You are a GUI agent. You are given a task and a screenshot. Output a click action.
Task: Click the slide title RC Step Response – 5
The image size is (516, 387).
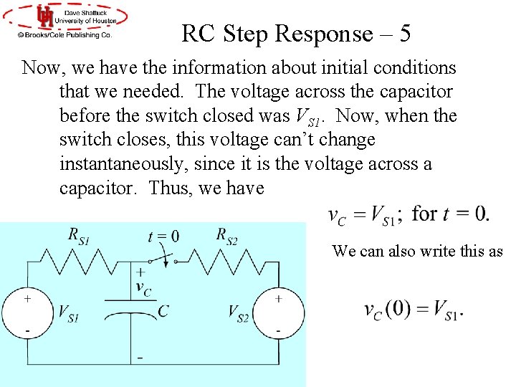click(x=296, y=34)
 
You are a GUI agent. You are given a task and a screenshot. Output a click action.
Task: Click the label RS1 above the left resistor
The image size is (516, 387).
click(x=80, y=234)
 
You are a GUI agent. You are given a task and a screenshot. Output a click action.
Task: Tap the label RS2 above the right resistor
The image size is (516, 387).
click(x=226, y=234)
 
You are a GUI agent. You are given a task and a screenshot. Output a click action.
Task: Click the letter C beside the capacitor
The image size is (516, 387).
click(x=163, y=311)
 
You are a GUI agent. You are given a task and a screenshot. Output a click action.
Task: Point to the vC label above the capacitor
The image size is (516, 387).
click(x=143, y=288)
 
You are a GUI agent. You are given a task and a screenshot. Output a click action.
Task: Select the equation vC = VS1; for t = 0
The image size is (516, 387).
click(x=409, y=214)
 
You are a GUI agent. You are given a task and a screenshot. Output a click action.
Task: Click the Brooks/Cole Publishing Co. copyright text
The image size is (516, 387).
click(x=65, y=34)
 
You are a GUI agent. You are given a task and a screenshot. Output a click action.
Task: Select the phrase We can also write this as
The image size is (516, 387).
click(x=418, y=251)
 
